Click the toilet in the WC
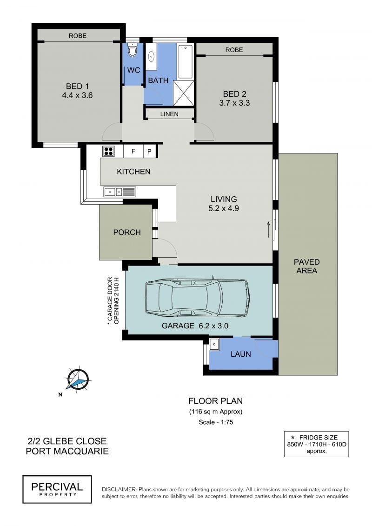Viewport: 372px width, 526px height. pyautogui.click(x=133, y=50)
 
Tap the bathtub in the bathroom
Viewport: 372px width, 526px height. pyautogui.click(x=186, y=62)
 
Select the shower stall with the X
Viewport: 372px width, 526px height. pyautogui.click(x=184, y=93)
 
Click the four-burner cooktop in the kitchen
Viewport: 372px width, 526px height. pyautogui.click(x=108, y=151)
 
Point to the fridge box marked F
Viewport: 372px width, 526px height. pyautogui.click(x=133, y=151)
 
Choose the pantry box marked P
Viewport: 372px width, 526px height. pyautogui.click(x=150, y=151)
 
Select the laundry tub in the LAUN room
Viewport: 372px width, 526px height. pyautogui.click(x=214, y=344)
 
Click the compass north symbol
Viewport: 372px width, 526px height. pyautogui.click(x=78, y=380)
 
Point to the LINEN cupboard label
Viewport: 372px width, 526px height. pyautogui.click(x=169, y=114)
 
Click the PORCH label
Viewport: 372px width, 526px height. pyautogui.click(x=127, y=232)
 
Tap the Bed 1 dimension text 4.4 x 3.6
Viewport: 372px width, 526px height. pyautogui.click(x=77, y=95)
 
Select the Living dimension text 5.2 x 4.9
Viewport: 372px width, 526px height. pyautogui.click(x=224, y=208)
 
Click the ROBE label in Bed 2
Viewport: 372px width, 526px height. pyautogui.click(x=234, y=50)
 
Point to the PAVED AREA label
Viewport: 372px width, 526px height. pyautogui.click(x=306, y=266)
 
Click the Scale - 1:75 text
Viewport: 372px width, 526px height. pyautogui.click(x=216, y=422)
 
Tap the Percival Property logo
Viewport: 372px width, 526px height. pyautogui.click(x=57, y=489)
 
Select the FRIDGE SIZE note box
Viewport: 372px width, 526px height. pyautogui.click(x=316, y=444)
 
